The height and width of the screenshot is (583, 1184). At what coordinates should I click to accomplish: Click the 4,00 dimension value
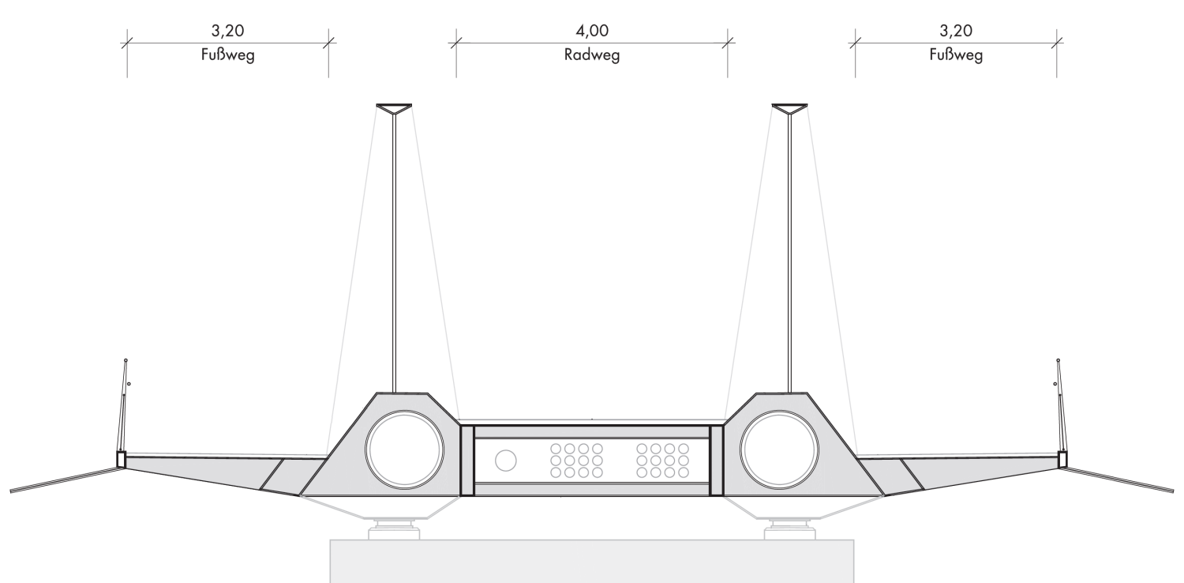tap(592, 31)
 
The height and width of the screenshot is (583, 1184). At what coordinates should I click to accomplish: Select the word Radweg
tap(592, 55)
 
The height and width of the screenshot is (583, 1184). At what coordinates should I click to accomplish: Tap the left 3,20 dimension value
tap(228, 31)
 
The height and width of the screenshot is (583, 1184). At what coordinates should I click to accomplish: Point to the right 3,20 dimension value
tap(956, 31)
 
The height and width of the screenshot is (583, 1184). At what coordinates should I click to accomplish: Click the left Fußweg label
tap(228, 55)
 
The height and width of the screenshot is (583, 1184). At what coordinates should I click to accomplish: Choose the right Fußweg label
tap(956, 55)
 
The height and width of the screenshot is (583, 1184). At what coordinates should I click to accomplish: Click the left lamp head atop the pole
tap(394, 108)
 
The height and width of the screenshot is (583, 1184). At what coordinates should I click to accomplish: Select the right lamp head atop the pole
tap(789, 108)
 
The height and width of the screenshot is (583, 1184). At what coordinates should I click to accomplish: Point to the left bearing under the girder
tap(394, 529)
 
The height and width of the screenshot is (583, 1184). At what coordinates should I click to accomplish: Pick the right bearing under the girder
tap(789, 529)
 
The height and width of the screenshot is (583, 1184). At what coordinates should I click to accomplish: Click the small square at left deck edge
tap(121, 460)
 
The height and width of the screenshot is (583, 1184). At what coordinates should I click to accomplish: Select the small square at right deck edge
tap(1062, 460)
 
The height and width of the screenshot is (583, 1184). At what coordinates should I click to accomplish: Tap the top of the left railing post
tap(126, 360)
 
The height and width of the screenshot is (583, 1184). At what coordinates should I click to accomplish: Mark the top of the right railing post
tap(1058, 360)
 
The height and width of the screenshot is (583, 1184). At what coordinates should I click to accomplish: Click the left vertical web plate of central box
tap(467, 461)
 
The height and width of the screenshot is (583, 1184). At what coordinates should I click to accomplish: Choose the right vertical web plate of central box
tap(716, 461)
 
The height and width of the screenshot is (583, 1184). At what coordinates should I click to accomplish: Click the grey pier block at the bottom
tap(592, 562)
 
